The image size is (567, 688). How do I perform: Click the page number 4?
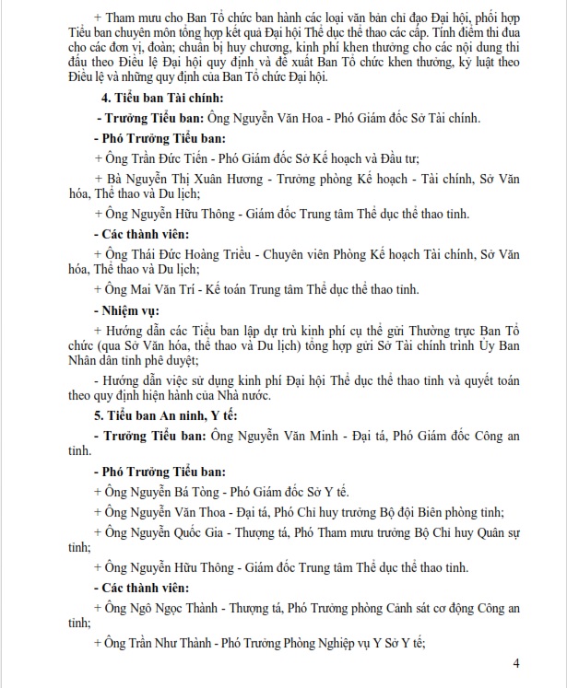[x=517, y=663]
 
